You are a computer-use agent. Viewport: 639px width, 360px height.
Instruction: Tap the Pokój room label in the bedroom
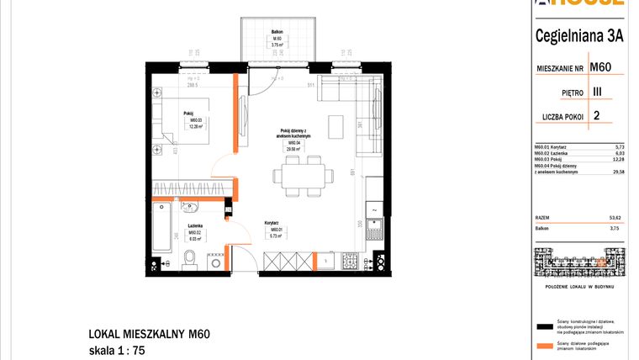[189, 113]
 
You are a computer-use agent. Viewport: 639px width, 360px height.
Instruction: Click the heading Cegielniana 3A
[579, 34]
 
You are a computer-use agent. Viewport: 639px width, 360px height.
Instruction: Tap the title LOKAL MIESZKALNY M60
[148, 333]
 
